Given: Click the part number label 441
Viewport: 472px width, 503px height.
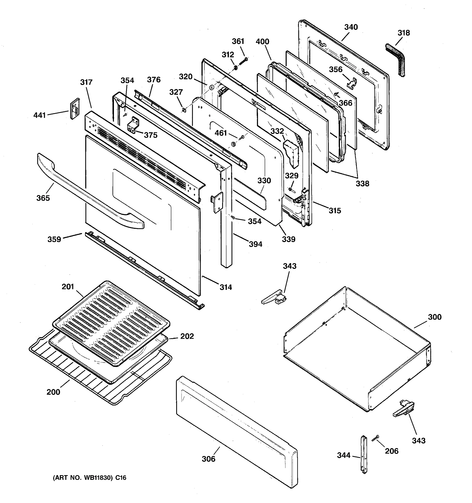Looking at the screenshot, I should pos(39,115).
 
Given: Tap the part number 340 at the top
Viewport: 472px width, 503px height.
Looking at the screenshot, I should pos(351,27).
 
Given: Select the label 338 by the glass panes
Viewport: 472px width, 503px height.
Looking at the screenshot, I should pos(362,183).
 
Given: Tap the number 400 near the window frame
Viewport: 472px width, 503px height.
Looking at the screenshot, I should pos(262,41).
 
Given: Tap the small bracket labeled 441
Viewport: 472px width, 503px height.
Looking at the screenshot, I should pos(74,109).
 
